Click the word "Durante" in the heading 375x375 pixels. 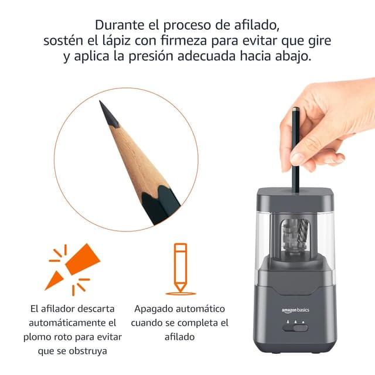pos(117,26)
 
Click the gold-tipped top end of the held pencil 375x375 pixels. pos(294,110)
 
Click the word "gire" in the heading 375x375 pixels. pos(319,42)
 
